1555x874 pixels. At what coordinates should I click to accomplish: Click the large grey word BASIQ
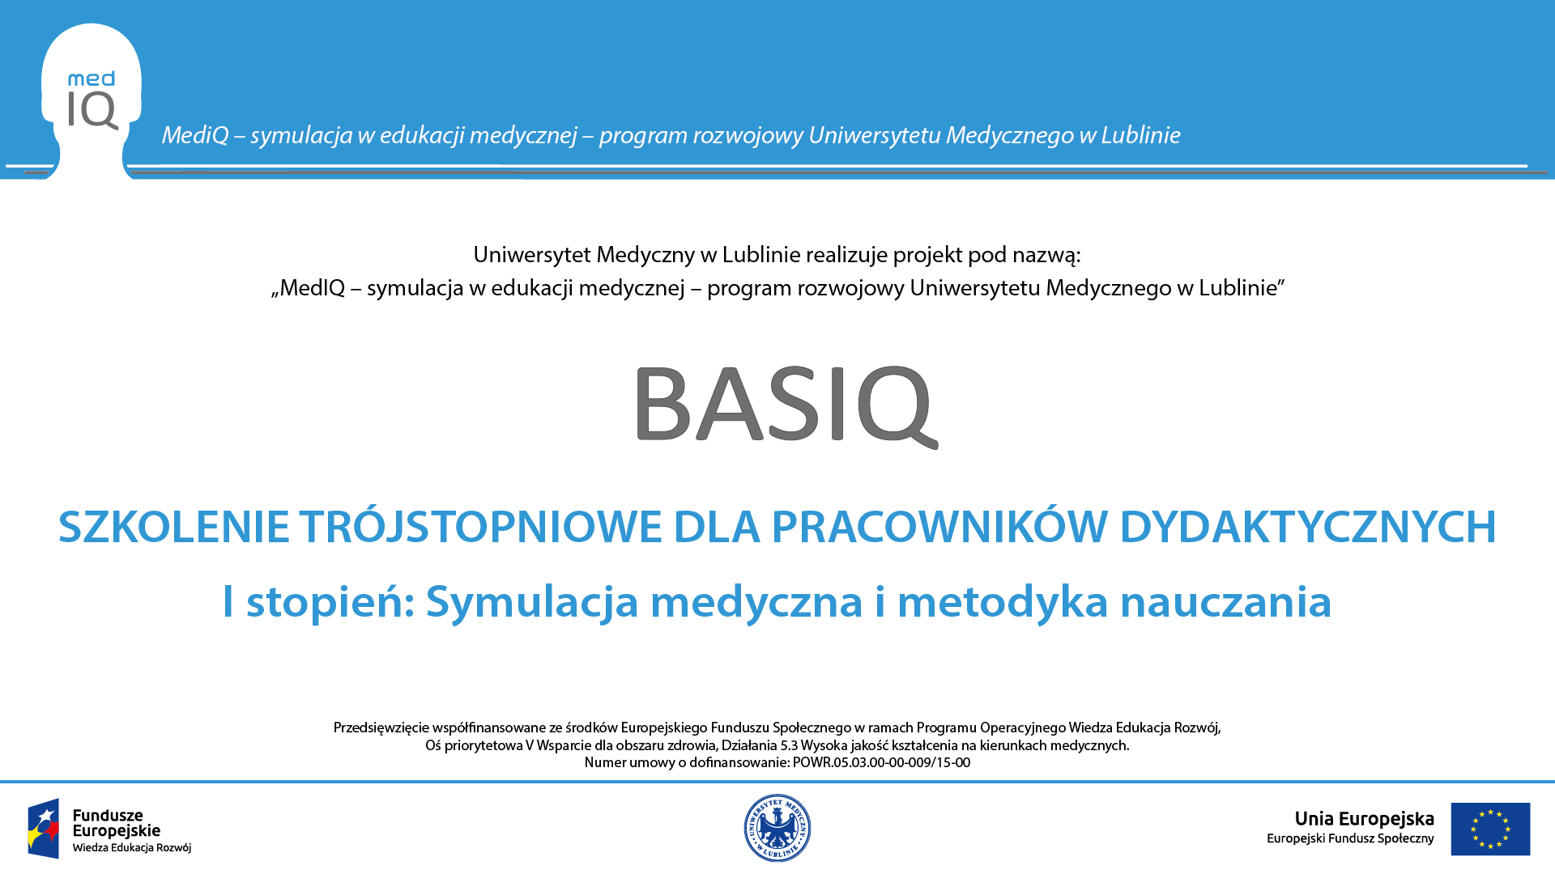(786, 405)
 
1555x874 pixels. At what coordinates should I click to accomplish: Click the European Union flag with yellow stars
(1490, 829)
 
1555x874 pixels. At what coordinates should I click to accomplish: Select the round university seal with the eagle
(777, 828)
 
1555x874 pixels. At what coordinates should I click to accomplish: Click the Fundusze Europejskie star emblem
(44, 829)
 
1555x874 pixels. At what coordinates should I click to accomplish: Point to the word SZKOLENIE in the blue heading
(174, 527)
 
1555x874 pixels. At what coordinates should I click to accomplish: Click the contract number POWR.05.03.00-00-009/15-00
(881, 762)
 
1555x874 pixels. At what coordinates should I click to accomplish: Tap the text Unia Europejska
(1364, 819)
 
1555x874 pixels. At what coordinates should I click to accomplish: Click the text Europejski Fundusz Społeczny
(1350, 839)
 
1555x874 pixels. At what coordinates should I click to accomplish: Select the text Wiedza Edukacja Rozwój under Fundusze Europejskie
(132, 848)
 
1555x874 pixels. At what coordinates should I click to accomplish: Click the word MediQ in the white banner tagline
(195, 135)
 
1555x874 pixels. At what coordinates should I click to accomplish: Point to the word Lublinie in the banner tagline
(1140, 134)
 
